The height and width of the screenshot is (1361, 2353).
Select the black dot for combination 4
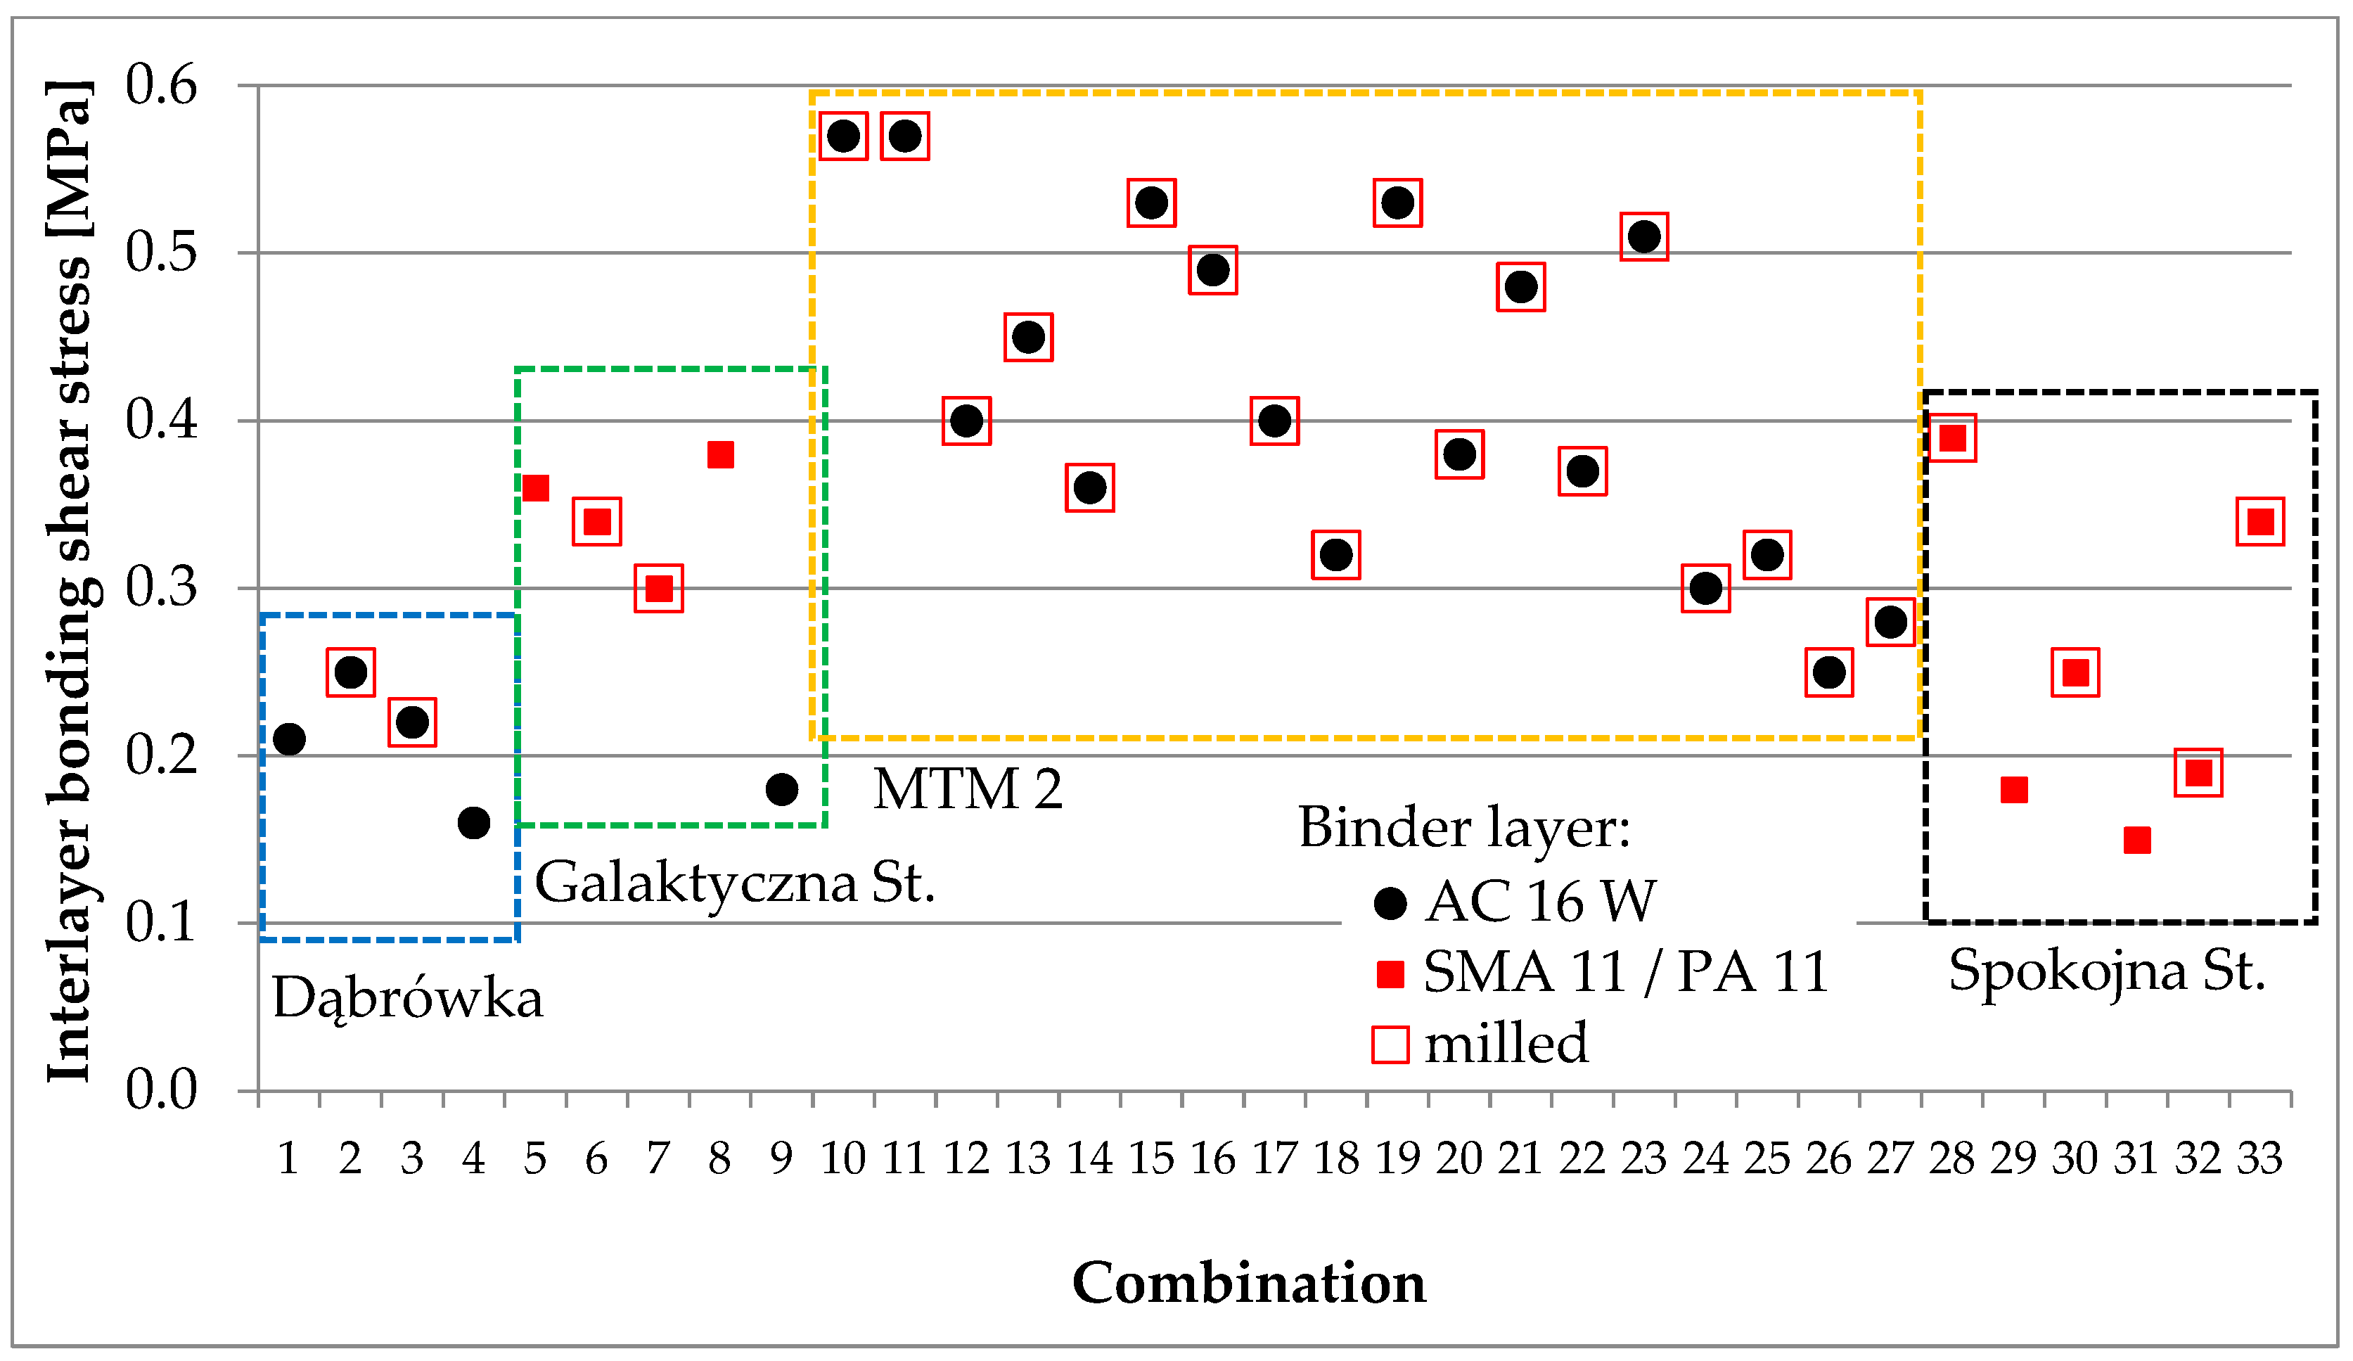coord(473,823)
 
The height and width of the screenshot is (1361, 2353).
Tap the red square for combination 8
coord(720,455)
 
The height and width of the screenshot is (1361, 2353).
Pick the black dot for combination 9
coord(781,789)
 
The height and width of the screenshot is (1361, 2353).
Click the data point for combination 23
coord(1644,237)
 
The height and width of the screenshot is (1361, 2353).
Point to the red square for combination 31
coord(2137,840)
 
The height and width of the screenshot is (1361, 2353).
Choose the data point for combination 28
coord(1952,438)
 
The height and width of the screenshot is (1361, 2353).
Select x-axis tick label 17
coord(1274,1159)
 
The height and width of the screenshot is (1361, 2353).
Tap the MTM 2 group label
coord(968,788)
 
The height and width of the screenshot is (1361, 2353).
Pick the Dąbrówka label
coord(407,999)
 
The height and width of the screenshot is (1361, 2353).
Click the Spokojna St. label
coord(2106,971)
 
